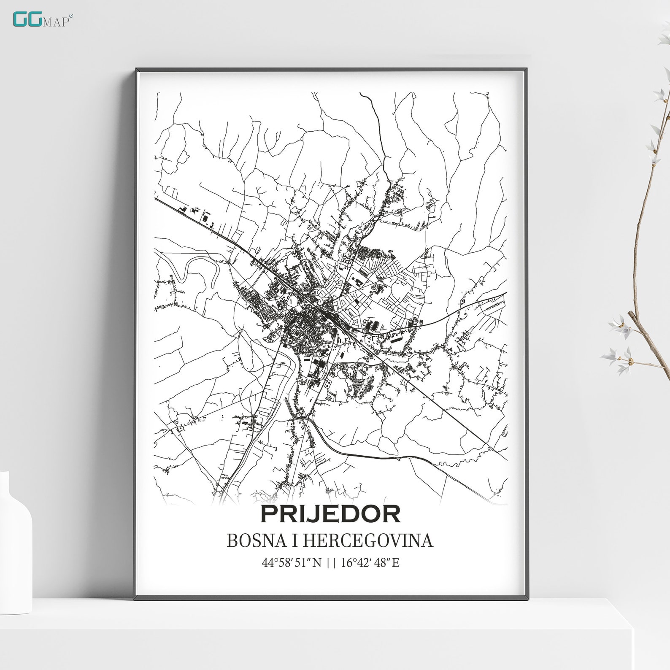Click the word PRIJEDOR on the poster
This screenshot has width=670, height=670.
330,514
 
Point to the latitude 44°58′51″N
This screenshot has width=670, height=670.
292,562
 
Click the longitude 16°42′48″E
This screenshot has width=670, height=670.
370,562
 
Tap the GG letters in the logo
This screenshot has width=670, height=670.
27,19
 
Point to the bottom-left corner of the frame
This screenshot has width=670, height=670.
135,598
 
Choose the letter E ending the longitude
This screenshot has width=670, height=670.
395,562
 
